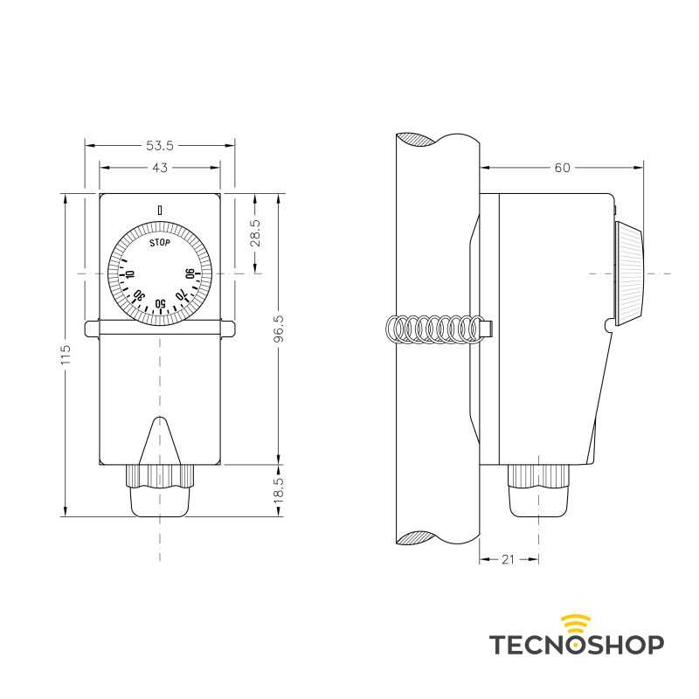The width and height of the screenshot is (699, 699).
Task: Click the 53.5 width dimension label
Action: click(160, 144)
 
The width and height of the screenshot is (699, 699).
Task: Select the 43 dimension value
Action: click(160, 167)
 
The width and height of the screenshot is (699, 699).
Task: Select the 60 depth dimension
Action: click(562, 167)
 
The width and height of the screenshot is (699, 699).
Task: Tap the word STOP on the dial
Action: click(159, 243)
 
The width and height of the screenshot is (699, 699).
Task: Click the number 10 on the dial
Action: click(128, 275)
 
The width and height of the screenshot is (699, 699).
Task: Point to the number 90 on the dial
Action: click(190, 275)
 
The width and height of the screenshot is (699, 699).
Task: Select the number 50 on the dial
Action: click(160, 304)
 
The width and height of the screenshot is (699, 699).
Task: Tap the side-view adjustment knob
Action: click(628, 273)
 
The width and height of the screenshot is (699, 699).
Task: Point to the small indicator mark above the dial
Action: click(159, 210)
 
